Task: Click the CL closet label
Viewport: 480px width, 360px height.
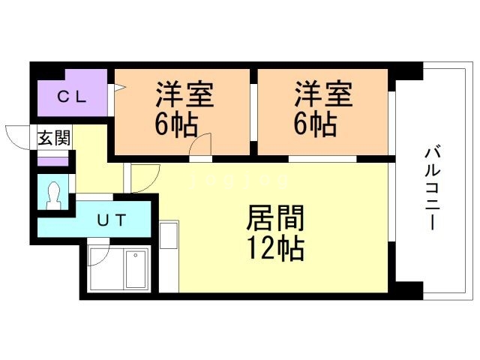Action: [x=72, y=97]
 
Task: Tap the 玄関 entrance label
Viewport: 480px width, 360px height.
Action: [x=55, y=138]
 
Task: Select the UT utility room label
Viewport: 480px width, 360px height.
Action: [x=112, y=220]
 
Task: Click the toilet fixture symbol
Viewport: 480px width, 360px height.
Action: [x=53, y=195]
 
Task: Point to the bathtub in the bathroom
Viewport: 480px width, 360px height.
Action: [x=136, y=268]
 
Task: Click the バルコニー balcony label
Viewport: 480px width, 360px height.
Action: [x=432, y=188]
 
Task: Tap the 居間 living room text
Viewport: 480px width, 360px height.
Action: [x=275, y=218]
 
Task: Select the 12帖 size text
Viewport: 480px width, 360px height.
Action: [x=275, y=248]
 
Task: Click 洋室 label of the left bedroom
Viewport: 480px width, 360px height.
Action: [x=184, y=94]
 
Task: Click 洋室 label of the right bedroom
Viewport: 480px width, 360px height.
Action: [x=323, y=94]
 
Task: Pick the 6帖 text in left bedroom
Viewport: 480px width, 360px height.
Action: [x=175, y=124]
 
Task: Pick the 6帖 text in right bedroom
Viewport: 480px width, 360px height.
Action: [x=315, y=124]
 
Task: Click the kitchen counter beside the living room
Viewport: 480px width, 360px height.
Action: [x=169, y=256]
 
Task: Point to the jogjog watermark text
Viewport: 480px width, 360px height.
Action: [x=238, y=181]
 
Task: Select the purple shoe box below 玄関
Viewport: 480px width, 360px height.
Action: [x=52, y=161]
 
